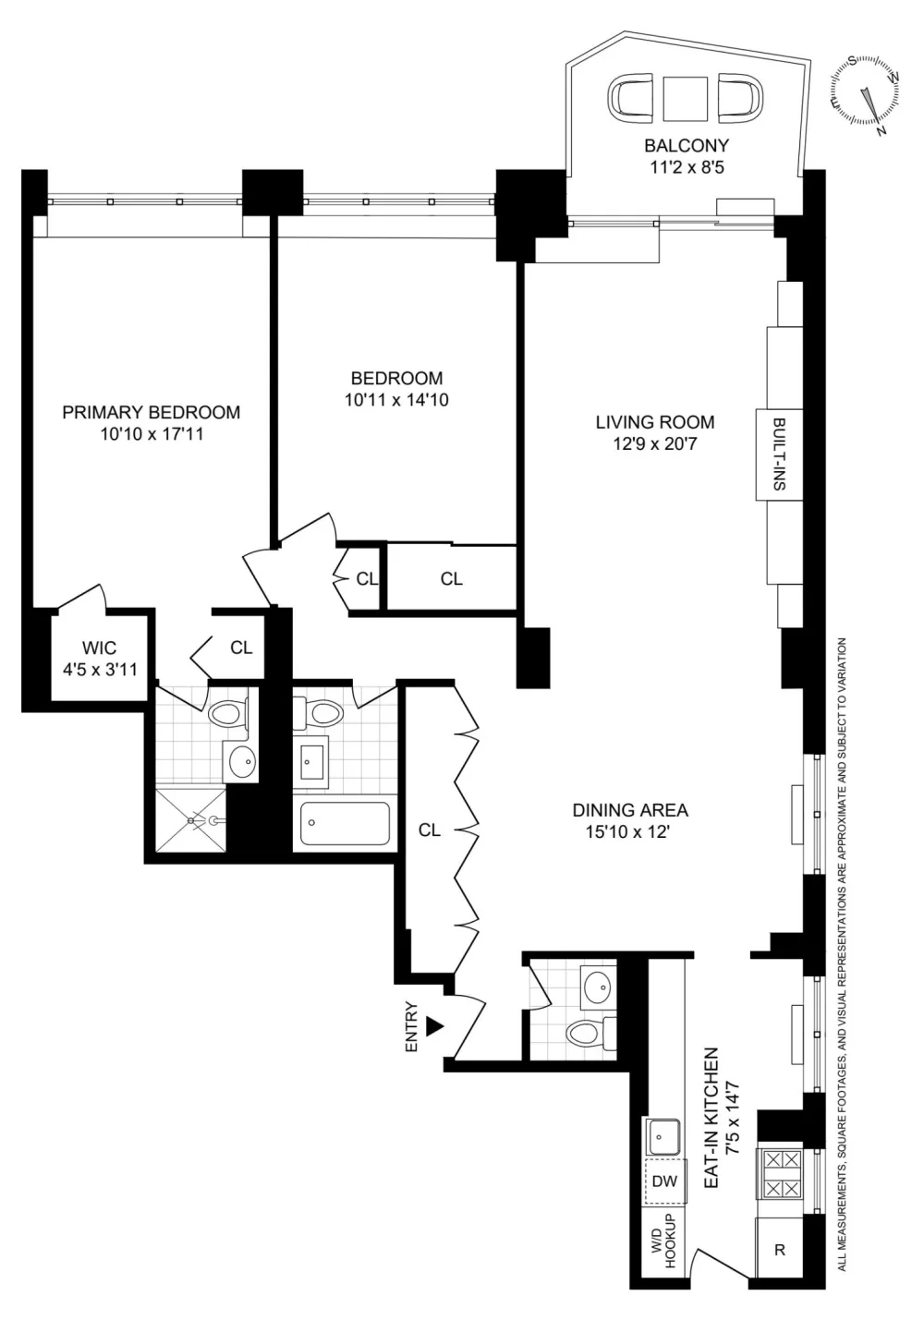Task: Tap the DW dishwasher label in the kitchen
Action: point(664,1181)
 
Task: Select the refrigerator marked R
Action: point(779,1249)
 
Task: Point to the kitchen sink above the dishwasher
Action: point(664,1137)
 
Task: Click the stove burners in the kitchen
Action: point(782,1176)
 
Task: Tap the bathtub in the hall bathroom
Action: point(345,823)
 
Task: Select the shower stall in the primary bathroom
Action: point(190,820)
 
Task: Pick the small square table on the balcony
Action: point(684,99)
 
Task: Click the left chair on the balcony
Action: point(631,99)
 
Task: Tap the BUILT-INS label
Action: point(779,454)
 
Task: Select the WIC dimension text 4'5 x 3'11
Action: point(100,670)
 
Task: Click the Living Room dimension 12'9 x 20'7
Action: point(655,442)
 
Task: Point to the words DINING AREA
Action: point(630,810)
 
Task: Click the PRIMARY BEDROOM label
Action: point(152,412)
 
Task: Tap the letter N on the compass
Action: point(881,131)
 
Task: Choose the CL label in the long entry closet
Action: point(429,830)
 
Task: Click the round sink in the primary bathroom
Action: point(241,761)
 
